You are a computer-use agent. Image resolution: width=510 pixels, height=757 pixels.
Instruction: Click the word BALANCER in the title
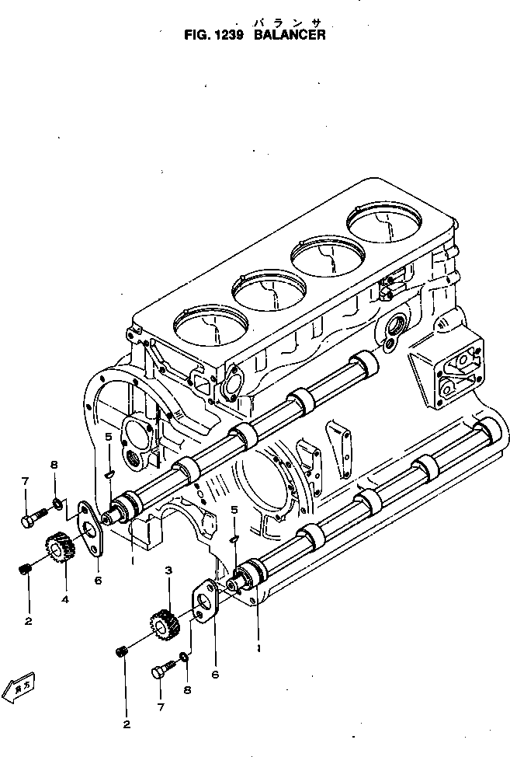click(290, 35)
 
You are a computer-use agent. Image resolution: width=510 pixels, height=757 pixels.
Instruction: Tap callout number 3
click(167, 571)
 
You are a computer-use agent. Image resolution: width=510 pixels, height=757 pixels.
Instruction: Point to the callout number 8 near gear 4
click(54, 465)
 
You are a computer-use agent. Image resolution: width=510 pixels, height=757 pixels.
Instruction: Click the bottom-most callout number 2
click(127, 725)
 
